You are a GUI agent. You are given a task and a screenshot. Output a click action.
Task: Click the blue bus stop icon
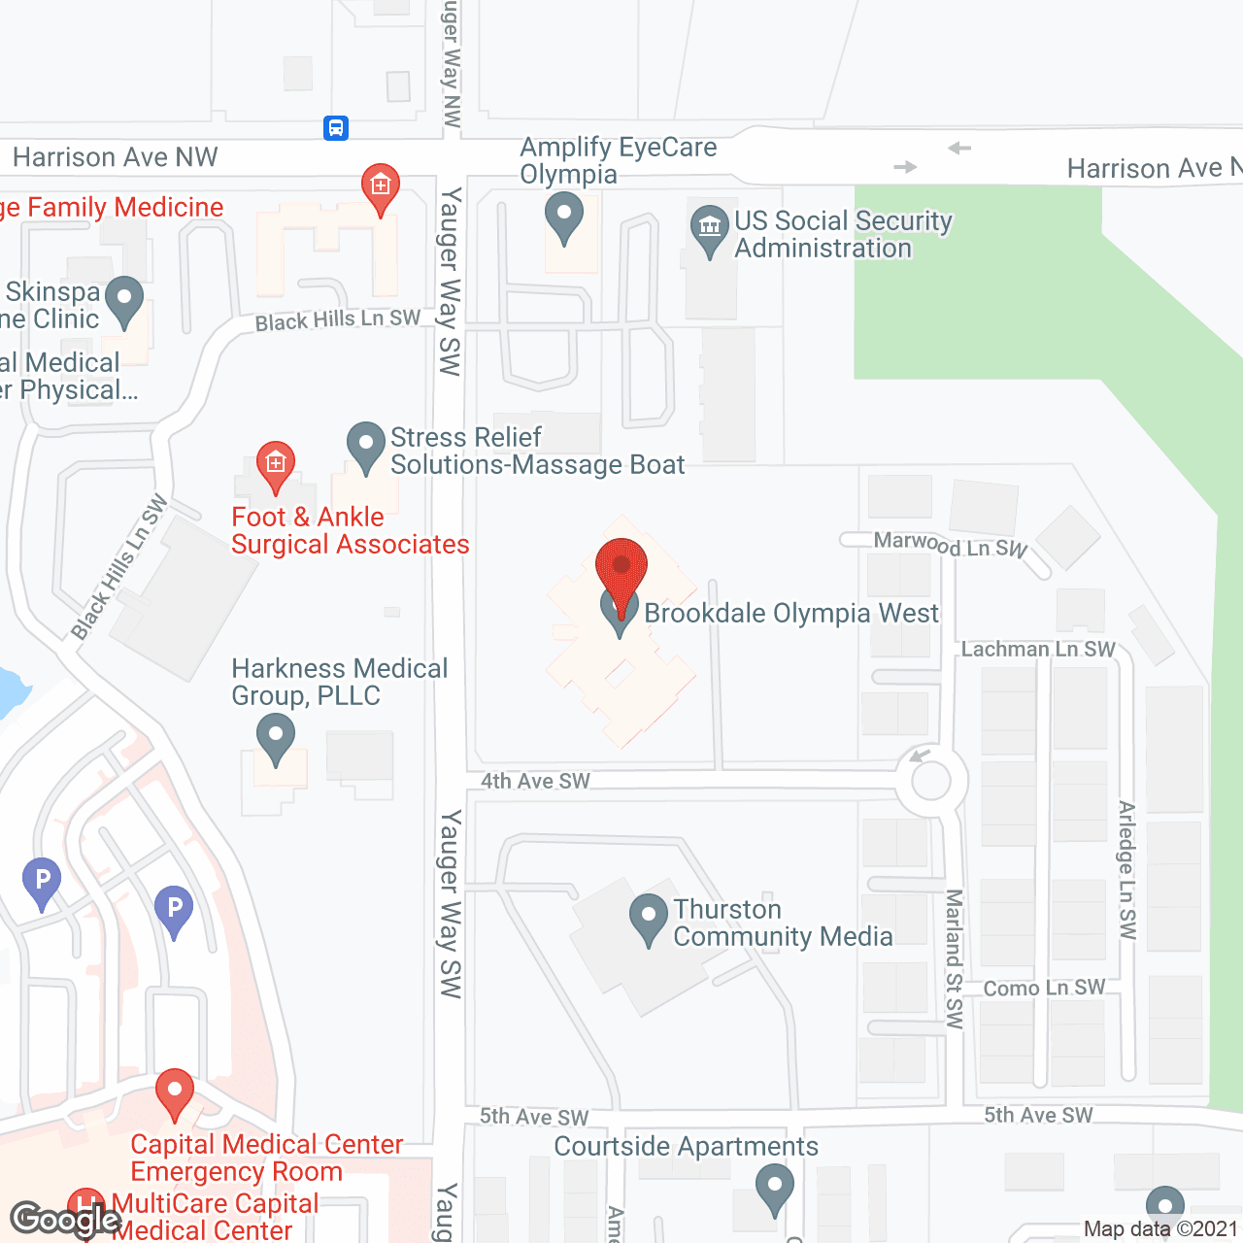(336, 127)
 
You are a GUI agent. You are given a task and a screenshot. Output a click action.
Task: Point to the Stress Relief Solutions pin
(366, 446)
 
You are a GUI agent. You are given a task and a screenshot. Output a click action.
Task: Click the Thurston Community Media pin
(648, 918)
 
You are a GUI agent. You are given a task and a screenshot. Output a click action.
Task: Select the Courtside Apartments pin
(774, 1188)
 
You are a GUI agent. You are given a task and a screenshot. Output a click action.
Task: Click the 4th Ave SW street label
(535, 781)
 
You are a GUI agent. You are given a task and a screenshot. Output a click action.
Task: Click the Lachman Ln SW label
(1038, 649)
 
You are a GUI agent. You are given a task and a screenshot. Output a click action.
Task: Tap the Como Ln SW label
(1044, 988)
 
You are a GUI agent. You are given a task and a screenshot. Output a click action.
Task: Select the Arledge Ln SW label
(1126, 870)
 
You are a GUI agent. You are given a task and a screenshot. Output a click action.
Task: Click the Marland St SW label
(955, 958)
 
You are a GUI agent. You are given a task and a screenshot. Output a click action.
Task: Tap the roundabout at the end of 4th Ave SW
(931, 781)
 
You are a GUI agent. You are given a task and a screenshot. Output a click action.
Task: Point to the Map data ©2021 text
(1160, 1228)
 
